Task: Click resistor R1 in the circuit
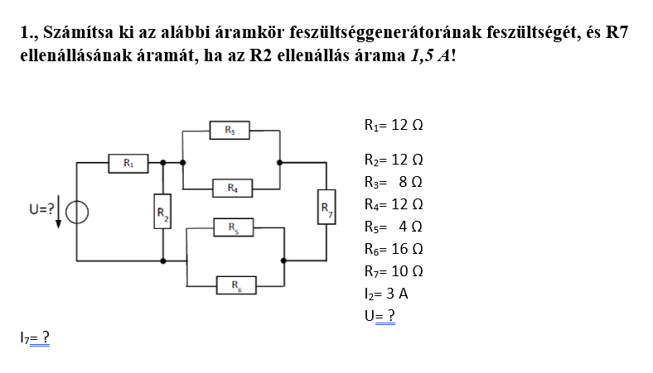tap(129, 163)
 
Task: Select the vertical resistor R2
tap(163, 215)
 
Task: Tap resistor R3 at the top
tap(230, 130)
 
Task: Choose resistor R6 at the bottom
tap(235, 285)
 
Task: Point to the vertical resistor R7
tap(326, 211)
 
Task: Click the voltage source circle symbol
tap(77, 212)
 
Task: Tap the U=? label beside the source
tap(41, 210)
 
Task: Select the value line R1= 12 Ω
tap(394, 126)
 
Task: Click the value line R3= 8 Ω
tap(394, 181)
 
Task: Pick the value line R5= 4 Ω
tap(394, 226)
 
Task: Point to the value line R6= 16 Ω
tap(394, 248)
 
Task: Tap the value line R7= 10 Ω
tap(394, 270)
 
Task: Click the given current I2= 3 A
tap(385, 293)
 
